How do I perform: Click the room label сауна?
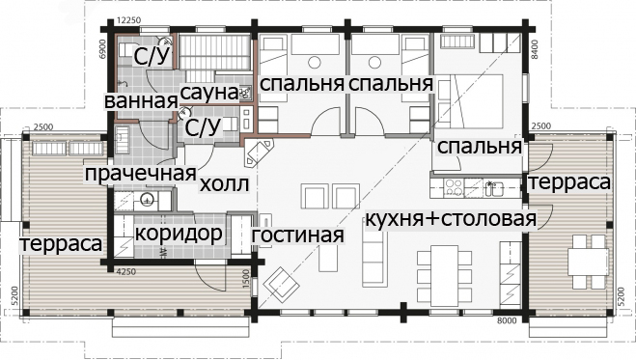(x=209, y=93)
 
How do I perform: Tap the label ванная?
(x=141, y=101)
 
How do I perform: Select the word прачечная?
(x=140, y=174)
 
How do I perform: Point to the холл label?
(x=224, y=185)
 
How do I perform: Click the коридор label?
(x=179, y=234)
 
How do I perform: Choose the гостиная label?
(x=297, y=235)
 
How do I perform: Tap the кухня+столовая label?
(x=451, y=219)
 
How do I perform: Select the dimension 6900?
(x=102, y=49)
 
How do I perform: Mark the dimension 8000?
(x=507, y=321)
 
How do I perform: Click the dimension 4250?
(x=125, y=272)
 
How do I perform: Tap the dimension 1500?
(x=246, y=279)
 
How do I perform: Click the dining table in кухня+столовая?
(x=445, y=276)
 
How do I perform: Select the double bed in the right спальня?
(x=471, y=100)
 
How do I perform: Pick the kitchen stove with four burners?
(x=453, y=188)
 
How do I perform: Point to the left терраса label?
(x=61, y=244)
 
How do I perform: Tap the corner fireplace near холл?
(x=259, y=152)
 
